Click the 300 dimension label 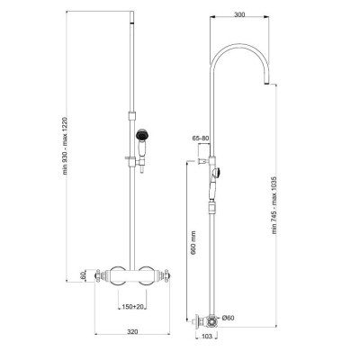[238, 14]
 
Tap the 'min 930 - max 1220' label [66, 147]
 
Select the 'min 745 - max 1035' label [274, 205]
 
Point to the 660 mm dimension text [193, 243]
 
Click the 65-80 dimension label [201, 139]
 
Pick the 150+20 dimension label [132, 307]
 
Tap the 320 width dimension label [132, 332]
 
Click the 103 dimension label [207, 336]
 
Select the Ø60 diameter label [228, 318]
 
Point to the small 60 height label [83, 275]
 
